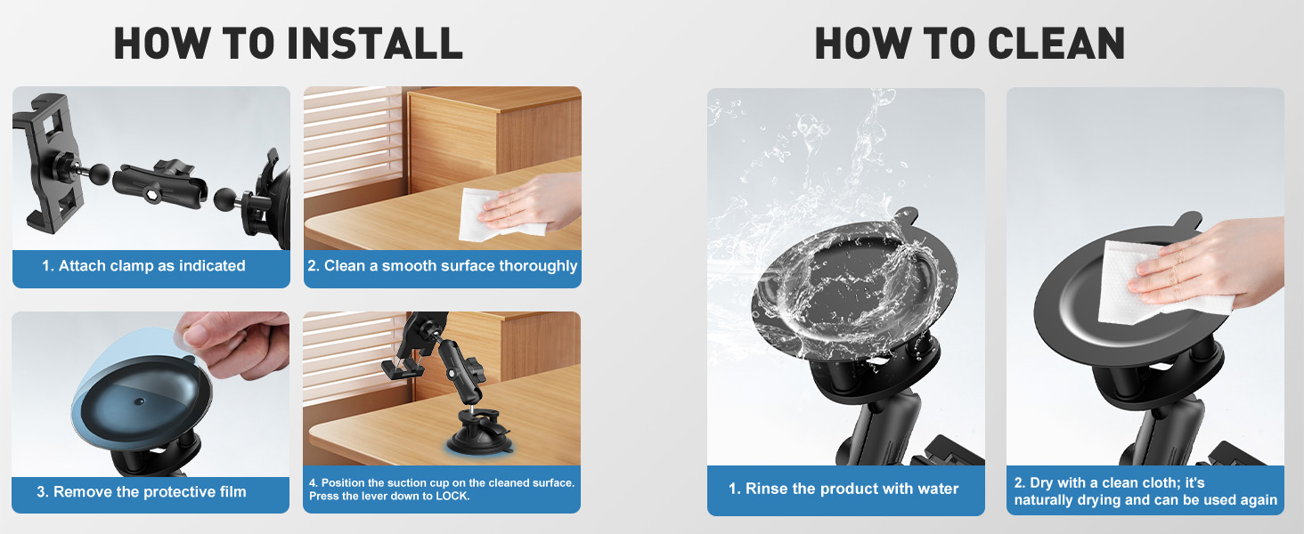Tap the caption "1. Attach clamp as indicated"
point(143,265)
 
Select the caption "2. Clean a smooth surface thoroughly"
point(443,265)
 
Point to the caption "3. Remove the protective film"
point(142,491)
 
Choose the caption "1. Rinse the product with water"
point(844,489)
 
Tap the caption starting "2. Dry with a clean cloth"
point(1145,491)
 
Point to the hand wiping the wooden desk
point(534,200)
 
